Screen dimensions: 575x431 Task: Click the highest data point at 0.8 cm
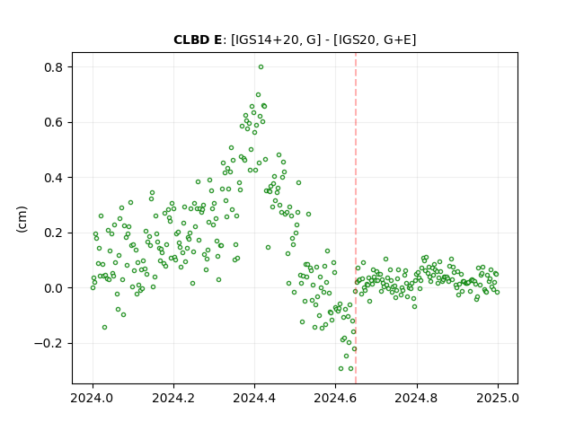(x=261, y=67)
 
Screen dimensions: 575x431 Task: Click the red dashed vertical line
(x=356, y=218)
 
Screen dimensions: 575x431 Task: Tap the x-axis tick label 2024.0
(x=93, y=398)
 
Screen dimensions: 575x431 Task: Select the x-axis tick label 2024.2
(x=173, y=398)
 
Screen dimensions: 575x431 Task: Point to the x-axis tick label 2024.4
(x=254, y=398)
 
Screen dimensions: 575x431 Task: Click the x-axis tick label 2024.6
(x=335, y=398)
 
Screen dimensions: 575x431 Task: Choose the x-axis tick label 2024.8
(x=416, y=398)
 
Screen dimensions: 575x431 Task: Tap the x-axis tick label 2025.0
(x=498, y=398)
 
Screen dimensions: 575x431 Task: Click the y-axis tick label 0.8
(x=54, y=67)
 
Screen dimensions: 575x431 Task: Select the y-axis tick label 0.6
(x=54, y=122)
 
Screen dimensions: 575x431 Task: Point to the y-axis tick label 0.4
(x=54, y=178)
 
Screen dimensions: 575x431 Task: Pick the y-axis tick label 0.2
(x=54, y=233)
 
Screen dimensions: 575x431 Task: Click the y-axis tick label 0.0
(x=54, y=288)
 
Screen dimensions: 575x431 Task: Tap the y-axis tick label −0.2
(x=49, y=343)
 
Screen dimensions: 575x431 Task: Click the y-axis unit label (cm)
(x=22, y=219)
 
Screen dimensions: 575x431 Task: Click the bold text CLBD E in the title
(x=198, y=40)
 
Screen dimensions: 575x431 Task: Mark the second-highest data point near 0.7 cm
(x=258, y=95)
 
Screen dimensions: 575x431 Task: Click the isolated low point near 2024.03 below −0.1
(x=104, y=327)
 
